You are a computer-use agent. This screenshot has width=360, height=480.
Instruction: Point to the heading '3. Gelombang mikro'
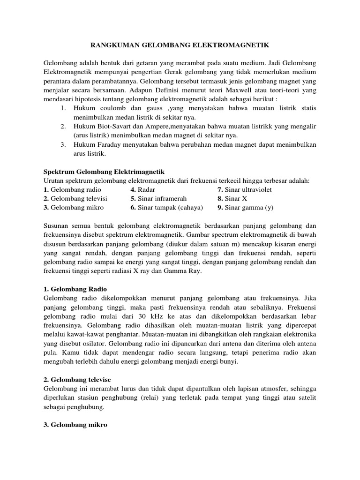coord(75,424)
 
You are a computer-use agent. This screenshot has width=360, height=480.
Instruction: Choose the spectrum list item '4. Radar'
coord(143,189)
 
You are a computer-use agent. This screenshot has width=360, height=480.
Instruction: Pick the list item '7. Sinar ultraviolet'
coord(244,189)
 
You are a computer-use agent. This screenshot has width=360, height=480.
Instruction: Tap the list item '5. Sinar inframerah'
coord(155,198)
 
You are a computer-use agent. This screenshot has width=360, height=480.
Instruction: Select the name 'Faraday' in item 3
coord(107,144)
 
